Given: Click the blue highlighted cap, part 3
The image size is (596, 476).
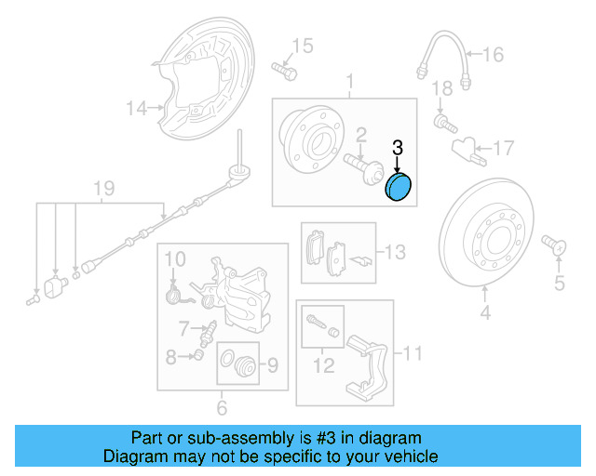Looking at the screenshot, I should pyautogui.click(x=400, y=187).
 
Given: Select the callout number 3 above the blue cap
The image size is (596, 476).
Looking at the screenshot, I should pyautogui.click(x=397, y=147).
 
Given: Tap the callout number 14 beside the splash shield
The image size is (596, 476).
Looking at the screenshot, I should pyautogui.click(x=137, y=109).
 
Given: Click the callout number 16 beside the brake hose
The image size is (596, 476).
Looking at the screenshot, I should pyautogui.click(x=493, y=55).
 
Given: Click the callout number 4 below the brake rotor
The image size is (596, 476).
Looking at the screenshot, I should pyautogui.click(x=484, y=314).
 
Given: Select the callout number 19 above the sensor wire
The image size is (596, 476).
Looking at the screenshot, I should pyautogui.click(x=103, y=189).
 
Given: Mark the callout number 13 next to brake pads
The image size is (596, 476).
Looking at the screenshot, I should pyautogui.click(x=396, y=251).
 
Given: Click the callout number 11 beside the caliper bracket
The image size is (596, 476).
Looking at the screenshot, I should pyautogui.click(x=412, y=352).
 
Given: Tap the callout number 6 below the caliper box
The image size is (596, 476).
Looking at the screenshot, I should pyautogui.click(x=221, y=407).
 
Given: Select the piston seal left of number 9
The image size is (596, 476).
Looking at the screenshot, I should pyautogui.click(x=237, y=365).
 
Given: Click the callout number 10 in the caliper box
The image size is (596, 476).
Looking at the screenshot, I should pyautogui.click(x=176, y=257).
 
